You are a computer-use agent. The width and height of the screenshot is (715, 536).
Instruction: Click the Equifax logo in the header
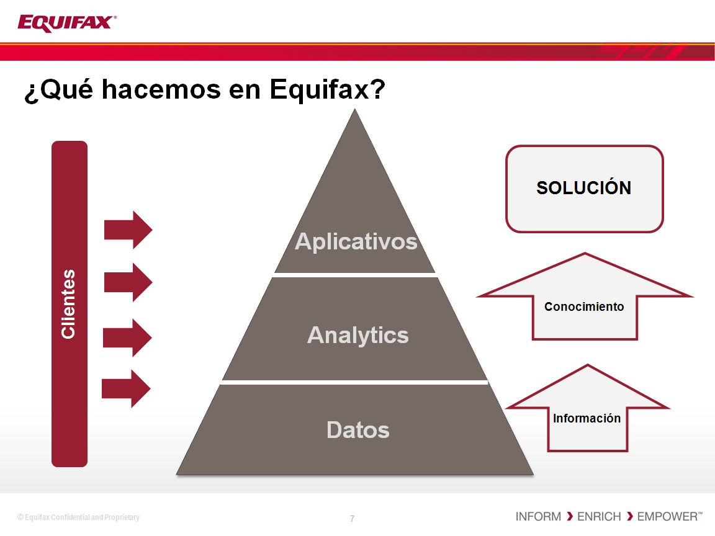66,23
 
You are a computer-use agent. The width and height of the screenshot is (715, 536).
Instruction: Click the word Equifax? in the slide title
328,89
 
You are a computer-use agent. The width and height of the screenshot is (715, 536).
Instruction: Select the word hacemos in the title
161,89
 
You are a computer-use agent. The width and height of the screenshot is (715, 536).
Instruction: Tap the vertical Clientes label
68,304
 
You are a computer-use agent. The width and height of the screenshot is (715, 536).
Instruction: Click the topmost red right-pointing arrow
128,230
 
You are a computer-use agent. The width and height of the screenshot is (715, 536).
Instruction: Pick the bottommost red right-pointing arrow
126,389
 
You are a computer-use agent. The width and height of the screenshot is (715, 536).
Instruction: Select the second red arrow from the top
128,282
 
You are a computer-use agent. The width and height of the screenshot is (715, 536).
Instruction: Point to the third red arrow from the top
127,337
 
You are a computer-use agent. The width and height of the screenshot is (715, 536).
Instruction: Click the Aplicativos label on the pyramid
356,241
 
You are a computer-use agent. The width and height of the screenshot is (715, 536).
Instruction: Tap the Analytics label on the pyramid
358,336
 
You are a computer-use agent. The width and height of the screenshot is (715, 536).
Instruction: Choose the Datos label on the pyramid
358,430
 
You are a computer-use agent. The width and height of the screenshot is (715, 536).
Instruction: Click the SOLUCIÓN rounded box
585,189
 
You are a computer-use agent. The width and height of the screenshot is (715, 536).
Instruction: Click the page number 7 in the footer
352,518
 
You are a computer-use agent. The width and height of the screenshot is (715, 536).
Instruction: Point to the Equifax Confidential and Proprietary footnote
78,517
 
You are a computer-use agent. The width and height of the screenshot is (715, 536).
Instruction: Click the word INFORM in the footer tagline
538,516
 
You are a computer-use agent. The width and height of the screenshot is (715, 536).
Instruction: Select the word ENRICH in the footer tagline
599,516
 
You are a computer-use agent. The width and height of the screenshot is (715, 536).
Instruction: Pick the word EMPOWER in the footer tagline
667,516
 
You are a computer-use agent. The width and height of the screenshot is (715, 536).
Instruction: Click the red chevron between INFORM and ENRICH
570,516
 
